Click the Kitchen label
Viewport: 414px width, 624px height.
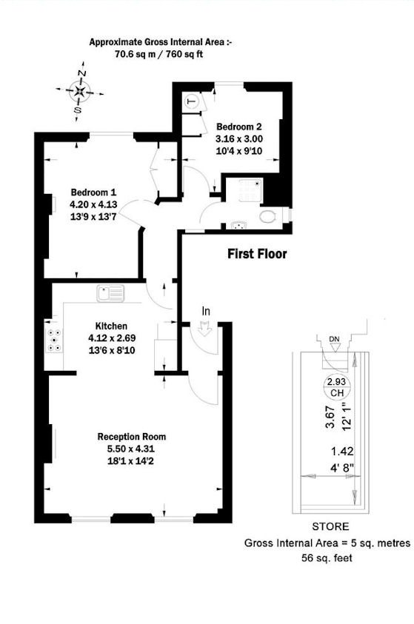pos(112,326)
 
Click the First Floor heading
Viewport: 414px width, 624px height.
pos(256,254)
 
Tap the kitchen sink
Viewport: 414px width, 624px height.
pos(113,293)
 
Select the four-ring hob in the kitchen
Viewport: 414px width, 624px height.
pos(55,338)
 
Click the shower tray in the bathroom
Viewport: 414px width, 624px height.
pos(244,192)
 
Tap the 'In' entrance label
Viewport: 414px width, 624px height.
pos(206,312)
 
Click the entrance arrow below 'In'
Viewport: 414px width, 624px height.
pos(206,330)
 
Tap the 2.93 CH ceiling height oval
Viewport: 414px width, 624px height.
pos(336,386)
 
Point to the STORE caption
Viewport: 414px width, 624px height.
pos(330,527)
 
